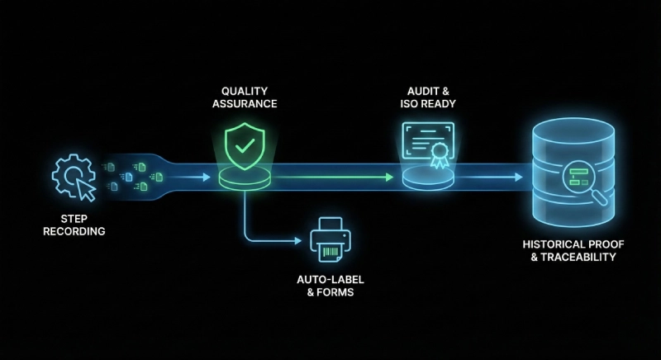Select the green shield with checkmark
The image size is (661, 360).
(245, 146)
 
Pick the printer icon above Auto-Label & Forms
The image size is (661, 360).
(330, 240)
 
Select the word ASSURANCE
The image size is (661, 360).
(245, 104)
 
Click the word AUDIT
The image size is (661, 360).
(416, 90)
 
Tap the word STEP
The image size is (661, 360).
(74, 219)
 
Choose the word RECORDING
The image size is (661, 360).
(74, 232)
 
